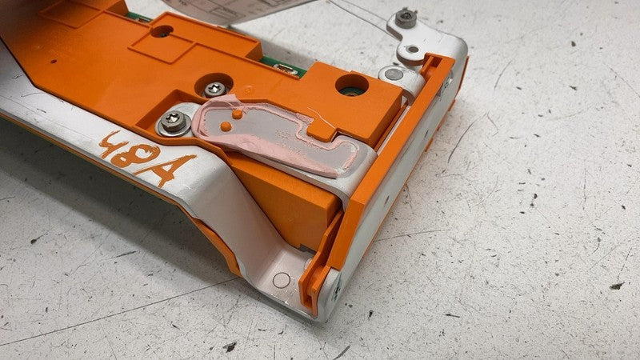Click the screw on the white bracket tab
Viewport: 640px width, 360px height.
coord(406,17)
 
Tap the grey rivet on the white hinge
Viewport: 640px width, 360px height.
coord(390,74)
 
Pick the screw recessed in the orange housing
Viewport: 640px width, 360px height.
coord(214,89)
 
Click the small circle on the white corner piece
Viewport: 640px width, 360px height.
coord(281,281)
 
